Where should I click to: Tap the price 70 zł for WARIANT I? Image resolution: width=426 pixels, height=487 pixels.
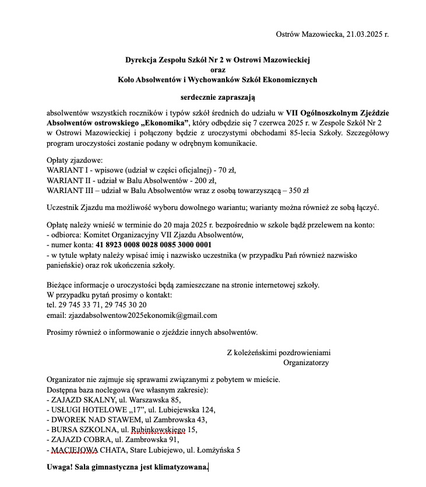coord(226,170)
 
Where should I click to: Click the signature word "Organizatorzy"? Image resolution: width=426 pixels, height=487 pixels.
coord(305,363)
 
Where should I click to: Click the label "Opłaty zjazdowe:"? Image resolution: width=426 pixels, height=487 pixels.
coord(75,160)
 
